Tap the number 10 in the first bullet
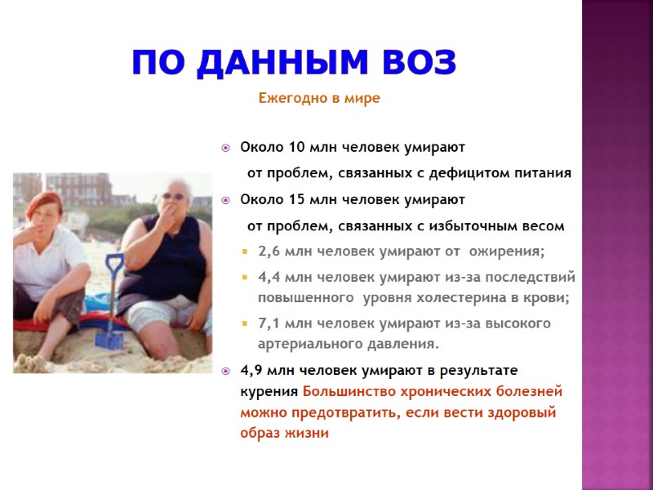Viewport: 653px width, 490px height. pos(298,148)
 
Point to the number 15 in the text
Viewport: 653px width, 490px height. pos(298,199)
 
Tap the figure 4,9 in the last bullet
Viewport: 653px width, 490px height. pos(251,370)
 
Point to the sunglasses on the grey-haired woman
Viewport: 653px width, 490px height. pos(173,196)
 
